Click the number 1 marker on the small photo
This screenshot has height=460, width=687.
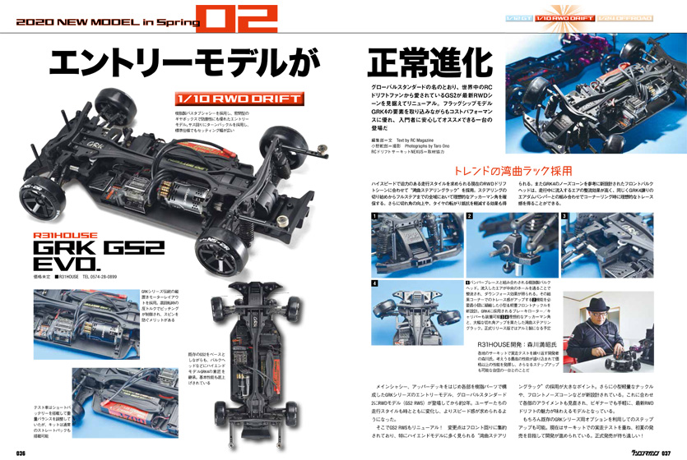(374, 217)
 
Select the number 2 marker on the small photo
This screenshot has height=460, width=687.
(469, 217)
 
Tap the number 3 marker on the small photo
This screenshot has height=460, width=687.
(565, 217)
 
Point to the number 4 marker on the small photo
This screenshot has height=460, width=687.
(374, 283)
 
